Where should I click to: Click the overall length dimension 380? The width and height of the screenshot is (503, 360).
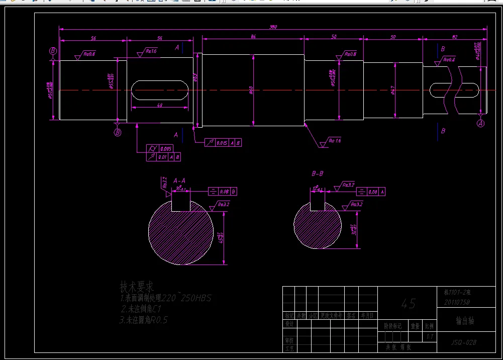[273, 27]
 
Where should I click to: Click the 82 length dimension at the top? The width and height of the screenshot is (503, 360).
[455, 37]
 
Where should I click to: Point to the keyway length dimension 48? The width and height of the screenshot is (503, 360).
[160, 105]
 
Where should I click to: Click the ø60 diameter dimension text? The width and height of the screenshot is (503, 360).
[251, 90]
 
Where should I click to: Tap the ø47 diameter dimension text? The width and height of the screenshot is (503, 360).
[392, 91]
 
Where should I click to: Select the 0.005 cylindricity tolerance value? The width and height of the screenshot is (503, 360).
[166, 149]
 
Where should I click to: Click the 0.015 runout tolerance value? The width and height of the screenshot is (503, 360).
[222, 143]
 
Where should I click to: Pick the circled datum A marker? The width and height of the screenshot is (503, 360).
[480, 123]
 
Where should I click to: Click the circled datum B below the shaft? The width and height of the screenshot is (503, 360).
[118, 132]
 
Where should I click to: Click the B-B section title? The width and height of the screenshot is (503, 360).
[318, 173]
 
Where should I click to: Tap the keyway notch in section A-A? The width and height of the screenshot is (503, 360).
[181, 203]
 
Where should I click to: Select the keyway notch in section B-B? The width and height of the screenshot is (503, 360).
[318, 202]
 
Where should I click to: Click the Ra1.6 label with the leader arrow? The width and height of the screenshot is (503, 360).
[335, 141]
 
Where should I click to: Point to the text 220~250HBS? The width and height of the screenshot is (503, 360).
[186, 299]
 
